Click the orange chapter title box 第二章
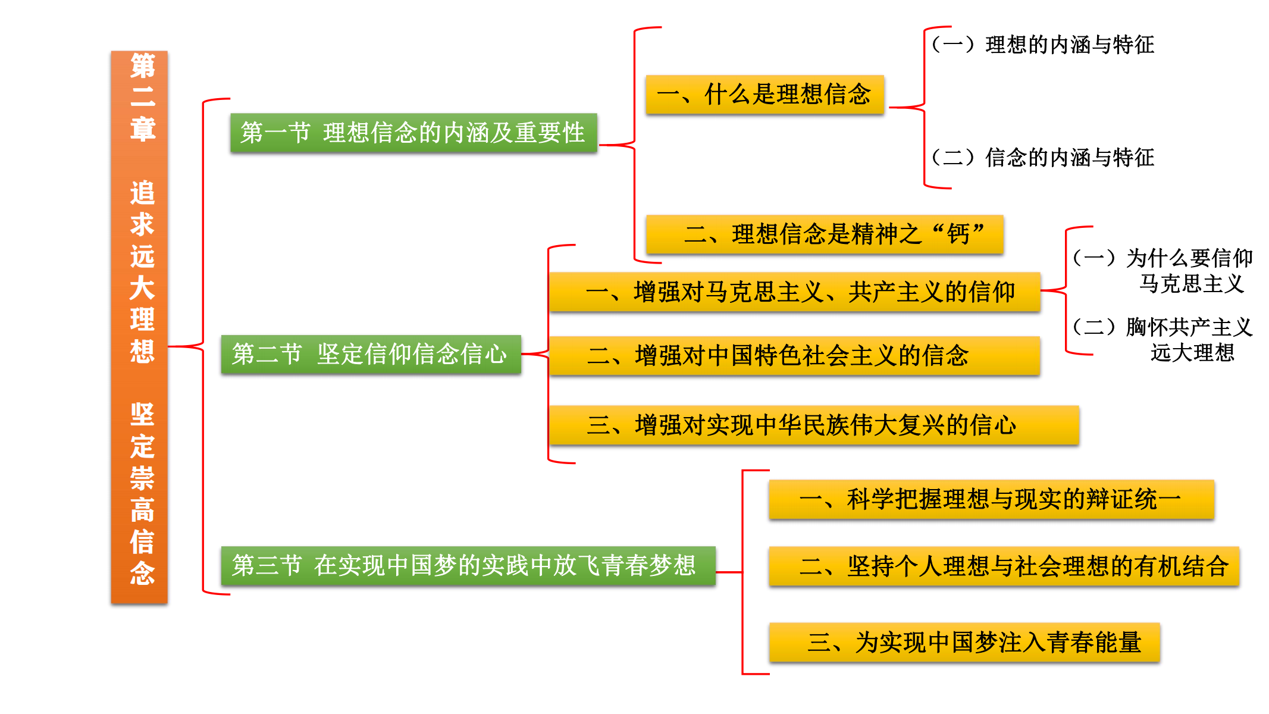coord(139,327)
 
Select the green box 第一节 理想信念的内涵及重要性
coord(413,133)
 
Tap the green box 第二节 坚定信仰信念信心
coord(371,354)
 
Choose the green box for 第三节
coord(468,565)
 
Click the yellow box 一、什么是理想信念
coord(764,95)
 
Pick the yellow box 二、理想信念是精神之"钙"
coord(825,234)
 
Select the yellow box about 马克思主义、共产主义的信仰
coord(794,292)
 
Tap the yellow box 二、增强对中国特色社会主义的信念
coord(794,356)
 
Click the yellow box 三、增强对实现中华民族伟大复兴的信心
coord(813,425)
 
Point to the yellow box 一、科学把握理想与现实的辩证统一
coord(991,499)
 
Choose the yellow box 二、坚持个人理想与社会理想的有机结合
coord(1004,566)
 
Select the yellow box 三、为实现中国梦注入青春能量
coord(964,643)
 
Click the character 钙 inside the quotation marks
coord(958,234)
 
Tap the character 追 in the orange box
coord(143,193)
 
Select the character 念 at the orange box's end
coord(143,573)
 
